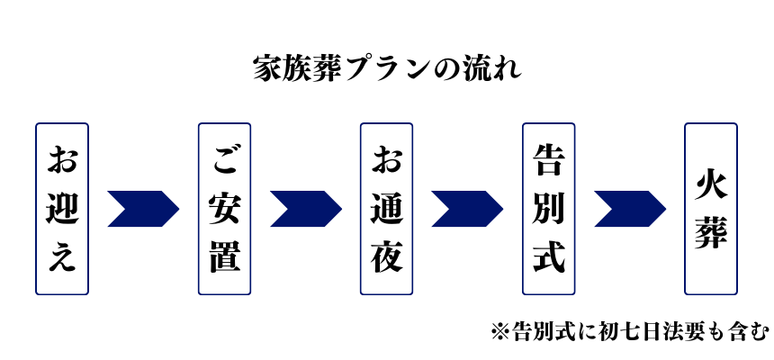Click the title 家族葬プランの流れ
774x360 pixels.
[387, 69]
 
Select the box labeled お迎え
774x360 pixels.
[62, 209]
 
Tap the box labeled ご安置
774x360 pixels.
[224, 209]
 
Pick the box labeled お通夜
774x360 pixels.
[386, 209]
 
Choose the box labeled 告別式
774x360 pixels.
[548, 209]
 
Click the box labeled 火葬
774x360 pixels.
[710, 209]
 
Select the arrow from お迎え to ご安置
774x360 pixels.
[142, 209]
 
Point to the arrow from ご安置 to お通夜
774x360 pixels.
[304, 209]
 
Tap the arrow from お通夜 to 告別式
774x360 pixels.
[466, 209]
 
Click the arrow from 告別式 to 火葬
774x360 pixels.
[628, 209]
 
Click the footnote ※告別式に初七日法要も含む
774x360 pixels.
[630, 331]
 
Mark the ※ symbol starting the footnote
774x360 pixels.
[500, 331]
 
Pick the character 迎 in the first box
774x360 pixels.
[62, 209]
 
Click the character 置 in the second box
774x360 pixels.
[224, 256]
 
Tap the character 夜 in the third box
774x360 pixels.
[386, 256]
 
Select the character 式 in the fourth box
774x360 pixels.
[548, 256]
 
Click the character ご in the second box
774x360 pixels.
[224, 162]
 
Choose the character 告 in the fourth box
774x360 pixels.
[548, 162]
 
